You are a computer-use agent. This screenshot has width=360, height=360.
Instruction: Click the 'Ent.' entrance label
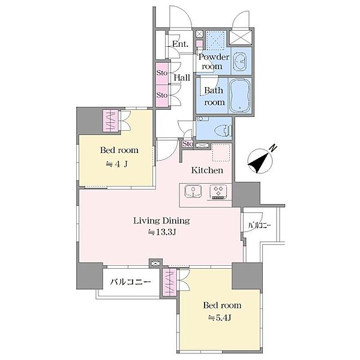(180, 44)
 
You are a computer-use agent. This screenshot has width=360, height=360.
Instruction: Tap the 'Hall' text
(182, 77)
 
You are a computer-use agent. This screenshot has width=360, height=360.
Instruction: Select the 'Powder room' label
(213, 62)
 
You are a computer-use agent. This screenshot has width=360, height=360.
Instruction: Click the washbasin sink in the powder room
(240, 61)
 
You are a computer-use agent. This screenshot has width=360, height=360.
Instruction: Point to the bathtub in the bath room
(240, 95)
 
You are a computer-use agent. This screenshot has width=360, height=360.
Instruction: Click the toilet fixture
(223, 131)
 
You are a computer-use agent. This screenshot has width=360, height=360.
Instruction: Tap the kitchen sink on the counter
(193, 192)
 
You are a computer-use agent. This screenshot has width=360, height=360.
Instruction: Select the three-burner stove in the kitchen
(218, 192)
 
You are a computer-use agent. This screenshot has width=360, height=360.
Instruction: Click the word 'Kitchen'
(207, 170)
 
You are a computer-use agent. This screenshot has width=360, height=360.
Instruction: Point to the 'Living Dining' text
(161, 221)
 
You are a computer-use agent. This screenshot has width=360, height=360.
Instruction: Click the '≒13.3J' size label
(162, 232)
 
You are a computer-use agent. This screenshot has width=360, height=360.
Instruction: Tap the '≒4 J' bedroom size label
(116, 164)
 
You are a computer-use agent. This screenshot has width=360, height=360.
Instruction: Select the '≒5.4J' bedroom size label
(219, 318)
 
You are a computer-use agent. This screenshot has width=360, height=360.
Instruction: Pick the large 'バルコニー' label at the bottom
(130, 282)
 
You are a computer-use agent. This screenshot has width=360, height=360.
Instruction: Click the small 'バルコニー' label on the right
(260, 225)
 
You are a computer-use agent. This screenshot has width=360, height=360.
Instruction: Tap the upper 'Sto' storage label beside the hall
(162, 73)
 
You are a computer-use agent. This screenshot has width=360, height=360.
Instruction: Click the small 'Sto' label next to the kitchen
(188, 144)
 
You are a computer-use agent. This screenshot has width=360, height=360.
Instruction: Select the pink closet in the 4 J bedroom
(110, 121)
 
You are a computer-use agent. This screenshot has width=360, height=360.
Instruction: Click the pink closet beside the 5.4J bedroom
(169, 282)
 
